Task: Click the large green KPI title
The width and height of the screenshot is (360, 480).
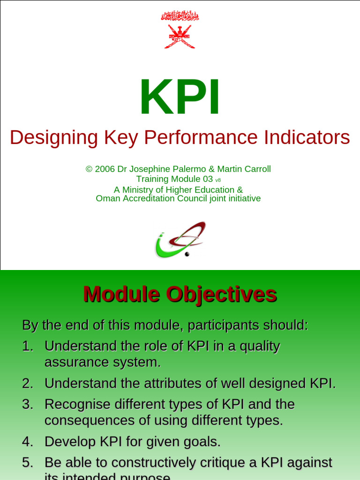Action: click(x=180, y=98)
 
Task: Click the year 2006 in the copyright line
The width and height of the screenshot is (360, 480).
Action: click(x=105, y=169)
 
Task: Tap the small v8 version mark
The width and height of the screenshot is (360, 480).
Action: click(x=218, y=180)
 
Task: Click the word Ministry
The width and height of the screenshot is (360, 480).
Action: click(x=141, y=190)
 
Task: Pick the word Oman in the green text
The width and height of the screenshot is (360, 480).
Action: click(x=107, y=198)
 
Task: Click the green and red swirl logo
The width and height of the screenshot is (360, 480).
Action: click(x=180, y=240)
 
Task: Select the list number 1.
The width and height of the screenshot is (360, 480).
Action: click(x=27, y=346)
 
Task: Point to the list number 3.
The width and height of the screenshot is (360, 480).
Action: click(x=27, y=404)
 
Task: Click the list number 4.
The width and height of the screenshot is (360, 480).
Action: click(x=27, y=442)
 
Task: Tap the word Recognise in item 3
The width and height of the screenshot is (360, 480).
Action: click(x=77, y=404)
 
